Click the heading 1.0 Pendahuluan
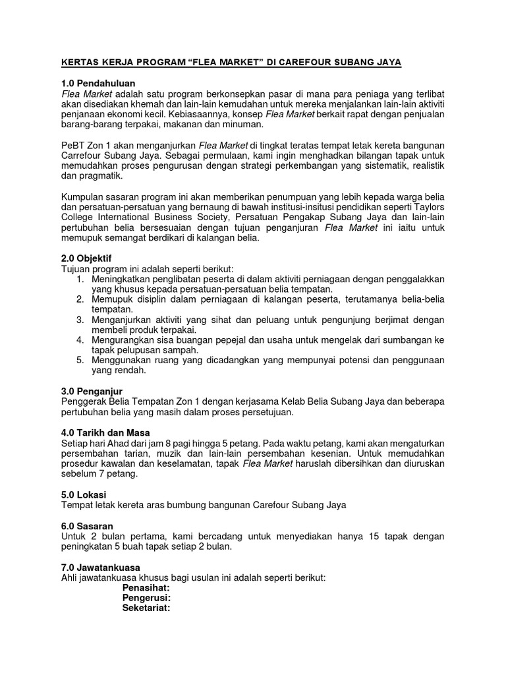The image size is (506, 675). pos(98,83)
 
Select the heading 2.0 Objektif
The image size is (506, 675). pos(91,258)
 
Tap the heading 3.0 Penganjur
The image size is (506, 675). pos(93,391)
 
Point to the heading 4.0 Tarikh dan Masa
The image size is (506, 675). pos(106,432)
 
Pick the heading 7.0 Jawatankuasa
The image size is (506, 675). pos(100,568)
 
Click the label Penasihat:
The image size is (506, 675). pos(146,587)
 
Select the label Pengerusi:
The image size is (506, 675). pos(146,598)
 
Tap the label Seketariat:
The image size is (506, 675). pos(146,608)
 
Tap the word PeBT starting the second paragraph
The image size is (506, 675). pos(72,145)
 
